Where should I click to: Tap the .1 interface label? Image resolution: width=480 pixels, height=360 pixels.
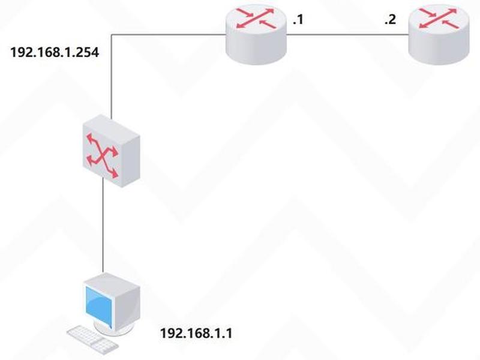(x=298, y=20)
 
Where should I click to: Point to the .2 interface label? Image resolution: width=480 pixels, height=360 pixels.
(x=391, y=20)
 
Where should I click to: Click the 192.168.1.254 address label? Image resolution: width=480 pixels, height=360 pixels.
(x=55, y=52)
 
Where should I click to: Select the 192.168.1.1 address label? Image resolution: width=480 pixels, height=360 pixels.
(x=196, y=333)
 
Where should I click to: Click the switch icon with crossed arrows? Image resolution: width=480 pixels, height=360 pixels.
(x=112, y=151)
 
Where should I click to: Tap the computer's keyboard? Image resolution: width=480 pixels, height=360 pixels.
(x=92, y=340)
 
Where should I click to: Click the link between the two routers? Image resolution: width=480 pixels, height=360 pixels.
(x=347, y=35)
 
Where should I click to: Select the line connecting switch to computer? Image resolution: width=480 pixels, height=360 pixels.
(x=103, y=225)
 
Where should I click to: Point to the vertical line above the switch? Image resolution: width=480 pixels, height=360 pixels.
(x=112, y=77)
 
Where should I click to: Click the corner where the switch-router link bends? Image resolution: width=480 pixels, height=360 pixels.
(x=112, y=35)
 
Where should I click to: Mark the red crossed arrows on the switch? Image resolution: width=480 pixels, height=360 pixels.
(x=102, y=155)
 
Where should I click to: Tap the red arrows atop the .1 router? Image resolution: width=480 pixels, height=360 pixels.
(x=256, y=19)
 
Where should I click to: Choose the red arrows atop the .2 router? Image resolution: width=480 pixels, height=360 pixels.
(x=439, y=19)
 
